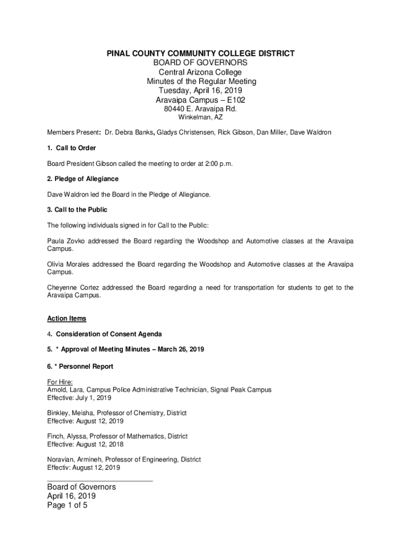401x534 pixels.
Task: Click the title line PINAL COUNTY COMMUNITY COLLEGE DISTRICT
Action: coord(200,54)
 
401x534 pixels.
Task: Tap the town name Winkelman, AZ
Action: coord(200,118)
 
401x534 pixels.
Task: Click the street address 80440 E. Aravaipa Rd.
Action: coord(200,110)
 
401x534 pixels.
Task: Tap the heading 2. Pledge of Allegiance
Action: coord(82,179)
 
